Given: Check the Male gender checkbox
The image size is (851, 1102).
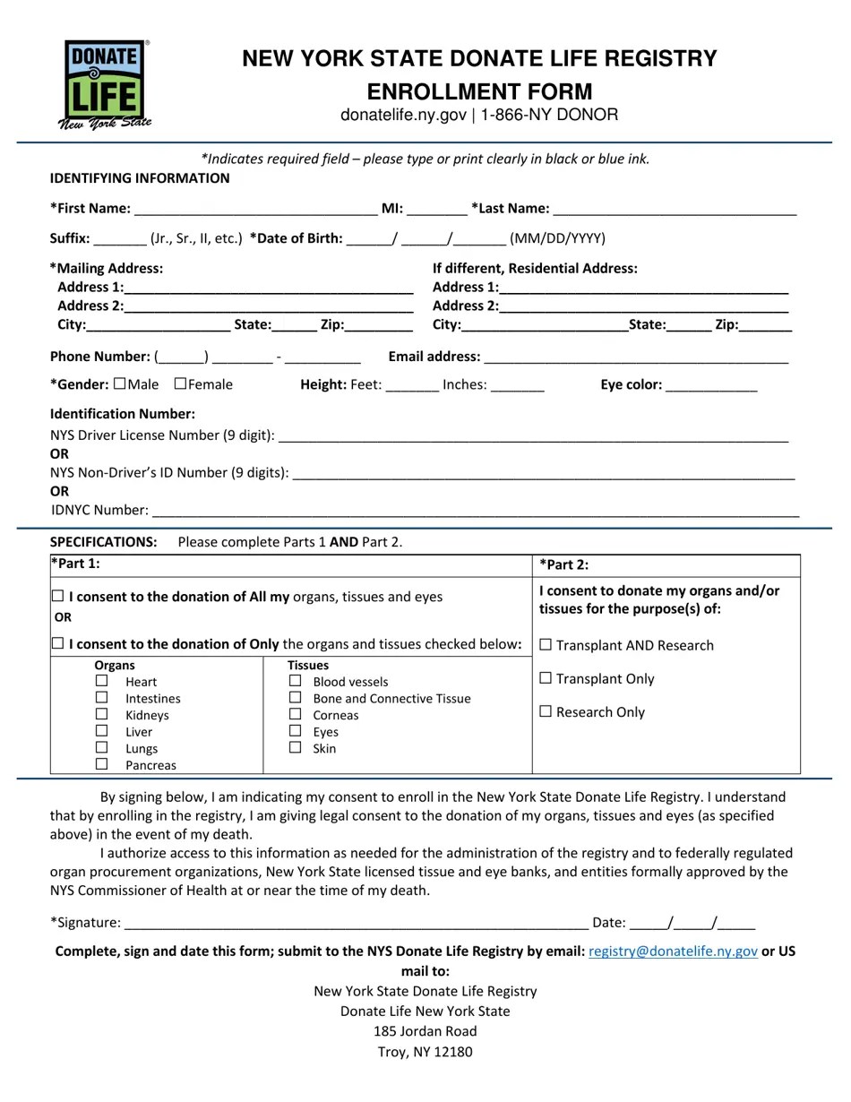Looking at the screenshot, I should click(x=120, y=384).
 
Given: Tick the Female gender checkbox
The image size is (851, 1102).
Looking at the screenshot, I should click(x=180, y=384).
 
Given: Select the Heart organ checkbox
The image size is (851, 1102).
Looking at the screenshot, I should click(x=101, y=681).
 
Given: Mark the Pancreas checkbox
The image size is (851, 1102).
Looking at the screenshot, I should click(x=101, y=764).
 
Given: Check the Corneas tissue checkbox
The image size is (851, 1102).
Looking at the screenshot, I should click(x=295, y=714).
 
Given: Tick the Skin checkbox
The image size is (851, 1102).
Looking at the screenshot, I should click(x=295, y=747).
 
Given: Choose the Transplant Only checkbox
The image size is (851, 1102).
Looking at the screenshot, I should click(x=546, y=678).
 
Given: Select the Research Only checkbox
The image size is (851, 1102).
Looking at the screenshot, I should click(x=546, y=711).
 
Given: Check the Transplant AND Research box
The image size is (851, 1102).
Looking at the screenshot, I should click(x=546, y=645).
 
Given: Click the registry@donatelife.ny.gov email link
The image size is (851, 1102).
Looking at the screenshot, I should click(x=673, y=951).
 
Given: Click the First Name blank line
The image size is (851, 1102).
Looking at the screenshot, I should click(x=255, y=209).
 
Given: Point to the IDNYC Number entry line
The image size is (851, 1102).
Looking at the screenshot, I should click(x=475, y=511).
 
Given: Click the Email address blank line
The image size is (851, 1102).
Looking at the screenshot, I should click(x=635, y=357).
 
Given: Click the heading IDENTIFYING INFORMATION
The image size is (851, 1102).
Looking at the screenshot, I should click(x=140, y=178).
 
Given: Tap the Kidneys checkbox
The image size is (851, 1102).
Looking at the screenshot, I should click(x=101, y=714).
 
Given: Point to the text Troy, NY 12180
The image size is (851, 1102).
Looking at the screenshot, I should click(x=425, y=1052).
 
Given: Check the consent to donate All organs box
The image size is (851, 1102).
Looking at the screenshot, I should click(x=58, y=597).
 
